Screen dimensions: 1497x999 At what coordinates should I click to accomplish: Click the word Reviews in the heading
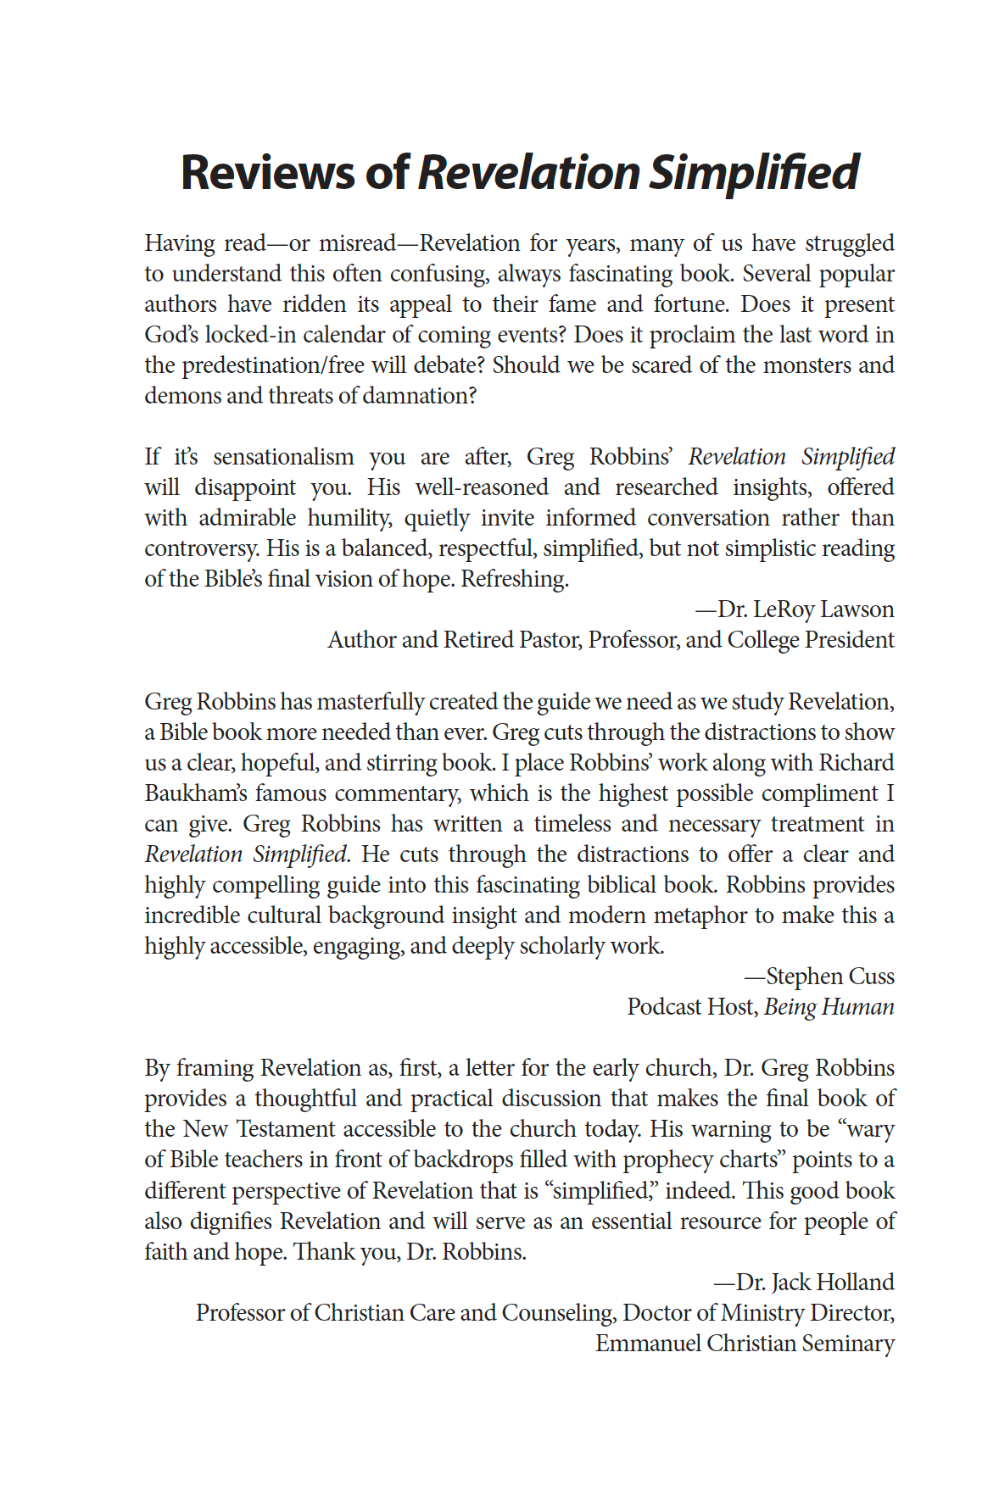coord(267,172)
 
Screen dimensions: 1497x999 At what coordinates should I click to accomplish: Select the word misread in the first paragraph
coord(357,243)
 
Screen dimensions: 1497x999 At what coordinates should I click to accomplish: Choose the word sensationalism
coord(283,457)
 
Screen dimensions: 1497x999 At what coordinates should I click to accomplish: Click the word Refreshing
coord(514,579)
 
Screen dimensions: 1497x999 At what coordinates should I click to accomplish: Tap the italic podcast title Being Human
coord(829,1007)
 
